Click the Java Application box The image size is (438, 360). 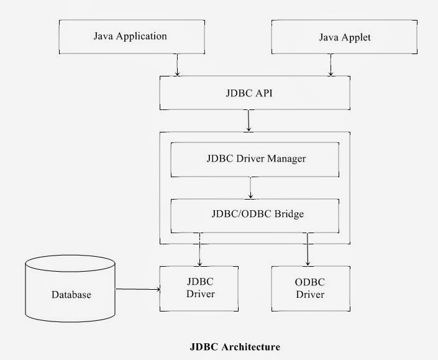coord(130,36)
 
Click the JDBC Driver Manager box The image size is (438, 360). coord(255,159)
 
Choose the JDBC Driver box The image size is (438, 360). coord(200,288)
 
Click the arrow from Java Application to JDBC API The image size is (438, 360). coord(178,65)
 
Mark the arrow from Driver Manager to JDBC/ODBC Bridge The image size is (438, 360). coord(250,188)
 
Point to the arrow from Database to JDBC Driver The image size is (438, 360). coord(138,289)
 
